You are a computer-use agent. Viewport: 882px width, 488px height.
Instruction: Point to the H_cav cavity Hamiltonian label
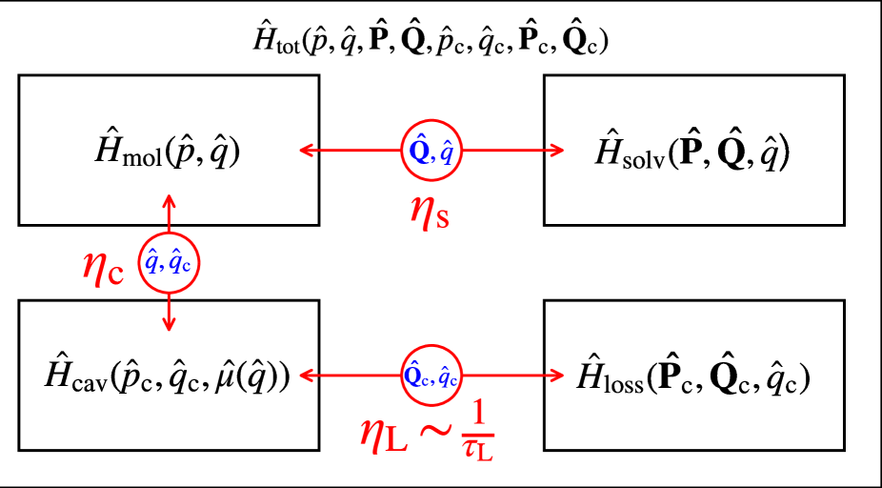click(x=167, y=376)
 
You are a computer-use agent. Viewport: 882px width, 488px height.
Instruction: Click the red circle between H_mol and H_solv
click(x=431, y=150)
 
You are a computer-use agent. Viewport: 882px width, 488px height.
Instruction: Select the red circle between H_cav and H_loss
click(x=431, y=376)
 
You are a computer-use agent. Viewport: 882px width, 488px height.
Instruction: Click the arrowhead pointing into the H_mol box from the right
click(x=307, y=150)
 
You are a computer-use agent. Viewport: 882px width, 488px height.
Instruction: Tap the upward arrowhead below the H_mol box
click(x=170, y=201)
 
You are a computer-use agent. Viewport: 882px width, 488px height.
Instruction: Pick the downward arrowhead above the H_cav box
click(x=170, y=324)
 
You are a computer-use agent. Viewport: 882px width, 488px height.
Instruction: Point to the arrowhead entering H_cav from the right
click(x=307, y=376)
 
